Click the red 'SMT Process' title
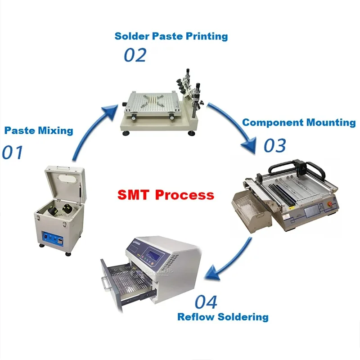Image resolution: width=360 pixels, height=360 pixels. click(166, 195)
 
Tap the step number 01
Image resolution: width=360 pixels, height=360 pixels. click(13, 152)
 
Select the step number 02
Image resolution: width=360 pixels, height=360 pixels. click(135, 55)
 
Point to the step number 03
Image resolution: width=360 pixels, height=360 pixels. click(275, 145)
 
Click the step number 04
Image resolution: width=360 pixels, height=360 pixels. click(206, 302)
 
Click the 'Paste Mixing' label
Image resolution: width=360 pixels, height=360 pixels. click(39, 130)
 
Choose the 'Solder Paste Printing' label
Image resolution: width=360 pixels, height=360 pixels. click(171, 36)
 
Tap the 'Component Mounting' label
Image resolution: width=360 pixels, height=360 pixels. click(299, 122)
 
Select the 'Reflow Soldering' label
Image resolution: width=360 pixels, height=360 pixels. click(223, 317)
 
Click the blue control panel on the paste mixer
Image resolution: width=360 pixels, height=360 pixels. click(53, 239)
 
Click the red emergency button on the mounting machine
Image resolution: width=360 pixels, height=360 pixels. click(330, 204)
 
